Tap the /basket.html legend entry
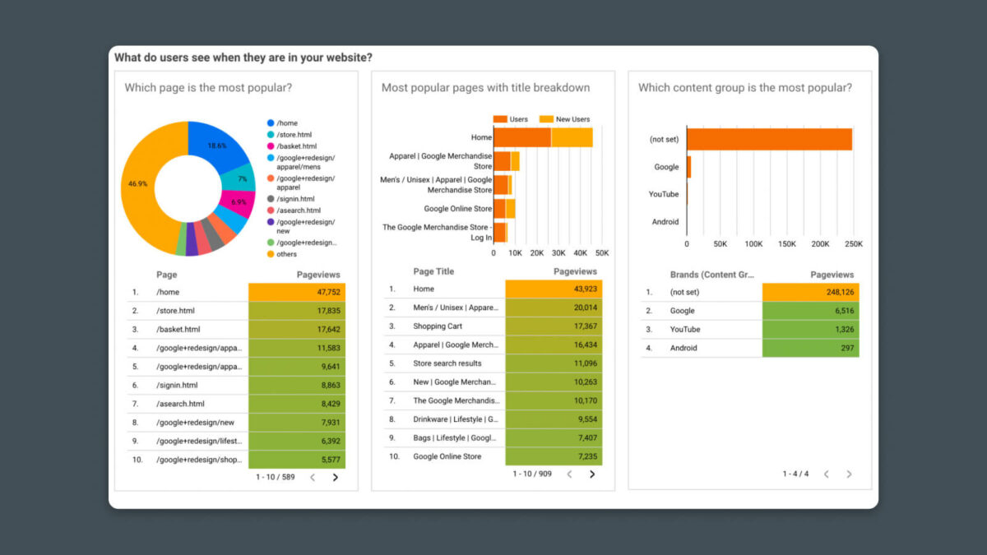coord(296,146)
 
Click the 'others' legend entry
coord(288,254)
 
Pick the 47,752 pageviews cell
coord(297,292)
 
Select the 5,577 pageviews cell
coord(297,460)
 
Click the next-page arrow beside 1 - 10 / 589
coord(335,477)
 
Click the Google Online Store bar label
coord(458,209)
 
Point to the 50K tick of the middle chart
coord(602,253)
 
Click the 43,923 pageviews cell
coord(554,289)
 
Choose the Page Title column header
coord(433,271)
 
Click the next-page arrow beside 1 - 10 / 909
coord(591,474)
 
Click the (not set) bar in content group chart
coord(769,140)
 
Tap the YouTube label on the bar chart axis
coord(664,194)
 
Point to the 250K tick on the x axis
coord(854,244)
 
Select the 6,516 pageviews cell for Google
coord(810,311)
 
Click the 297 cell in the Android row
coord(810,348)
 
